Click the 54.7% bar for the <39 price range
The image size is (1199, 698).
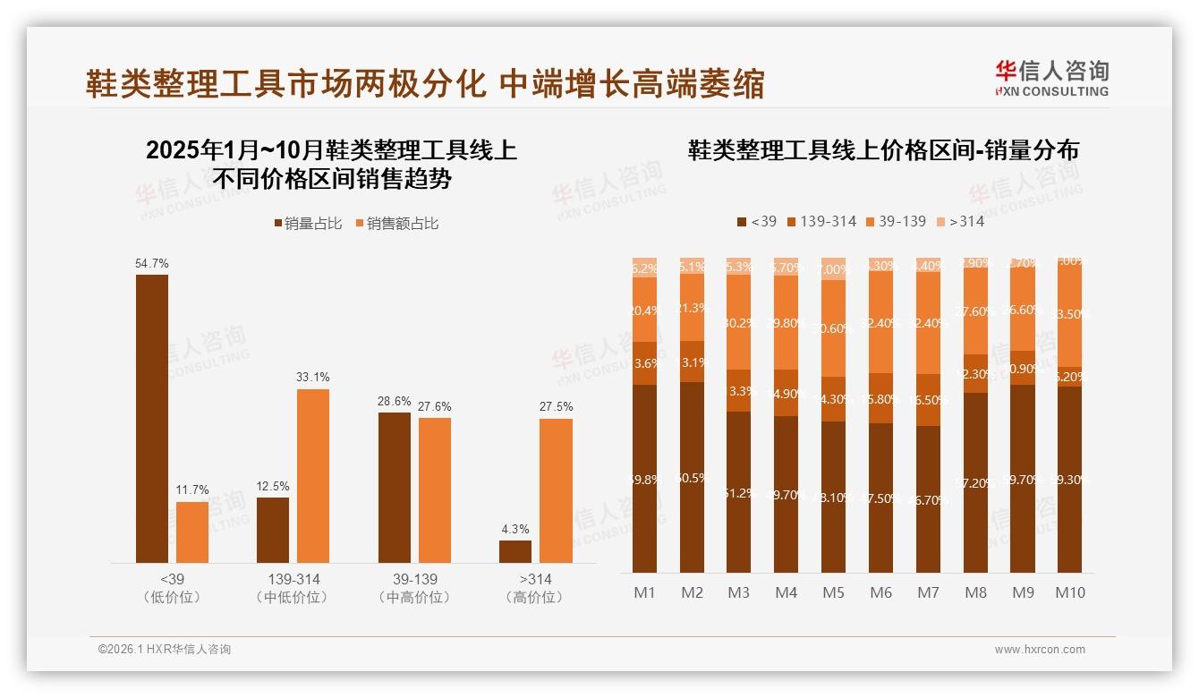pyautogui.click(x=152, y=418)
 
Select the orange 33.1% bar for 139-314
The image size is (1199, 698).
pyautogui.click(x=313, y=475)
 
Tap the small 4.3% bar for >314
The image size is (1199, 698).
pyautogui.click(x=515, y=551)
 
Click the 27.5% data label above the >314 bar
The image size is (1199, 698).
pyautogui.click(x=557, y=406)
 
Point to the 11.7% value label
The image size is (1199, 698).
pyautogui.click(x=192, y=489)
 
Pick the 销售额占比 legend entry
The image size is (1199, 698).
pyautogui.click(x=397, y=224)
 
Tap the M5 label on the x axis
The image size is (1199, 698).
pyautogui.click(x=833, y=592)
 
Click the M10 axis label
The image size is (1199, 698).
pyautogui.click(x=1070, y=592)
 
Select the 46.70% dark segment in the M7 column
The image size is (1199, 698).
pyautogui.click(x=929, y=499)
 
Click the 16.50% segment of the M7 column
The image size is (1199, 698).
pyautogui.click(x=929, y=400)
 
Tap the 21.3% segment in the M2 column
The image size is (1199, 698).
pyautogui.click(x=692, y=307)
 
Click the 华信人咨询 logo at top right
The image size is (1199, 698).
pyautogui.click(x=1051, y=78)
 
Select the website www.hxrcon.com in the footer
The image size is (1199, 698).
pyautogui.click(x=1040, y=650)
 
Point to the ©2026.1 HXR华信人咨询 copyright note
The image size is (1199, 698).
pyautogui.click(x=165, y=650)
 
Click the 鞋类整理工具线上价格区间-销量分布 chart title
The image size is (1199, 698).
pyautogui.click(x=883, y=150)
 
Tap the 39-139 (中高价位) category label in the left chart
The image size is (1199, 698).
pyautogui.click(x=415, y=588)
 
